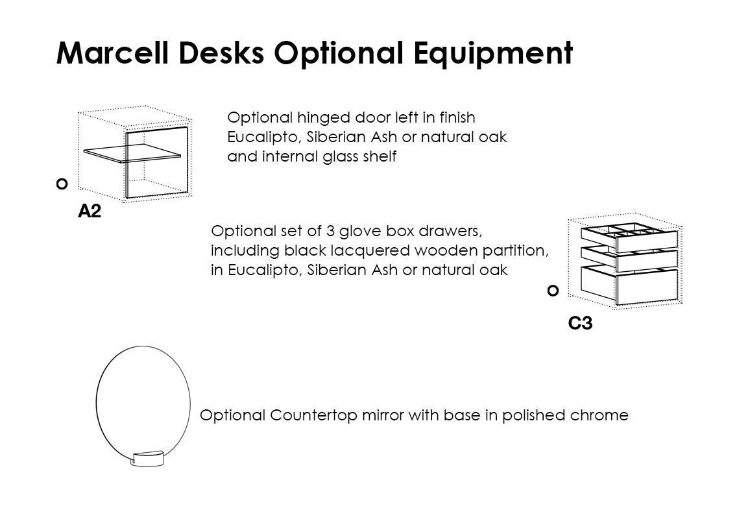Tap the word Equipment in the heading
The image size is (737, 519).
(x=494, y=53)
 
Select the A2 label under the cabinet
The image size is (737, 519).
(x=90, y=211)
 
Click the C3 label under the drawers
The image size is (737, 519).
(x=580, y=323)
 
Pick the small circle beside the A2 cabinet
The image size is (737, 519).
(x=62, y=184)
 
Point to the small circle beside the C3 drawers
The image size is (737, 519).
(x=553, y=291)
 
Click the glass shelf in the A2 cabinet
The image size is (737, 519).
(x=132, y=153)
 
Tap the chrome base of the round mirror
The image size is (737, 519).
(x=147, y=459)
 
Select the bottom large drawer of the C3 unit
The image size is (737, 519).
(x=630, y=285)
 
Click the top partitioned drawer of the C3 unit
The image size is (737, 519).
(x=630, y=237)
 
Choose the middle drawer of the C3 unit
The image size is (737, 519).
(x=630, y=259)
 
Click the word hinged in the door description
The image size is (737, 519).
(x=324, y=118)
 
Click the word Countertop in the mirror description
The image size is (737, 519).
(x=313, y=416)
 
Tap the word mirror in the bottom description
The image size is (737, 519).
(x=383, y=415)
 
